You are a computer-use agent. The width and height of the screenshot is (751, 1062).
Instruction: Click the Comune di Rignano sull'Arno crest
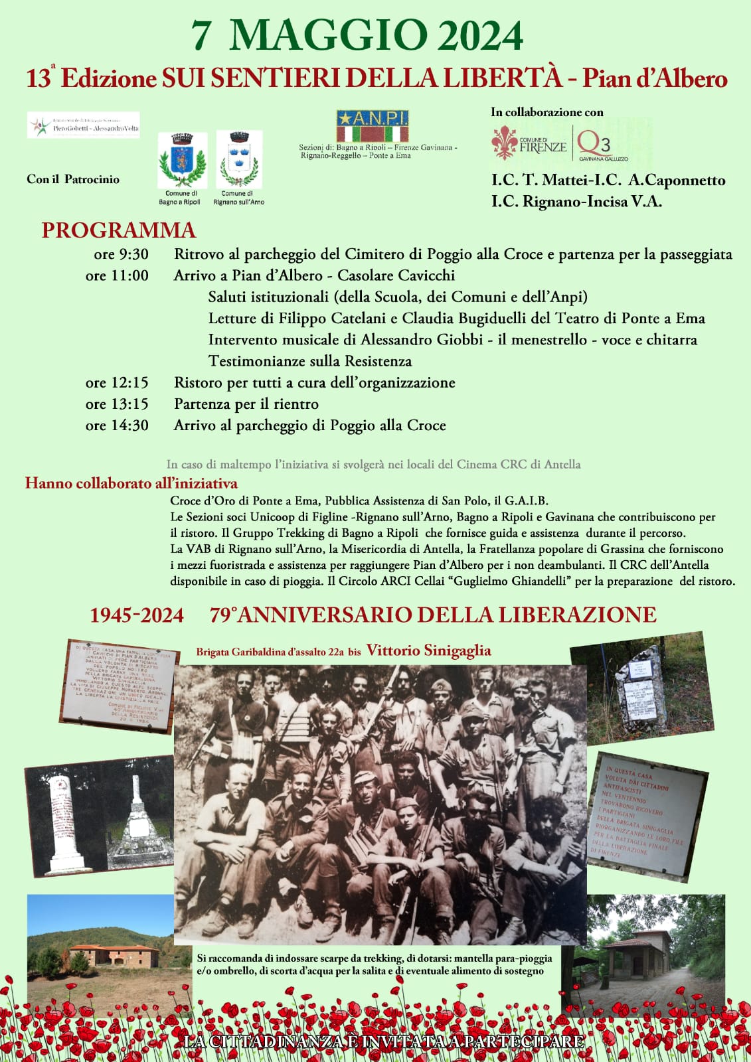238,160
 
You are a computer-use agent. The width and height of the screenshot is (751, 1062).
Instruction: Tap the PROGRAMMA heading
118,230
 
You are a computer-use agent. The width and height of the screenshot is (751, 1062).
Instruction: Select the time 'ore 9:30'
121,254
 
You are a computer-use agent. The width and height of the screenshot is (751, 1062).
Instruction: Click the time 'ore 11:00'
117,275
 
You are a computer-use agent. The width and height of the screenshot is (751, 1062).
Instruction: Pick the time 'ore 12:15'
117,382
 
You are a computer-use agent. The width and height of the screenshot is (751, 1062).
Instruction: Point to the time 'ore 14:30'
117,425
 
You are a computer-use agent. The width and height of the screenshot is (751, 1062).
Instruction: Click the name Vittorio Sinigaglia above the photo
429,650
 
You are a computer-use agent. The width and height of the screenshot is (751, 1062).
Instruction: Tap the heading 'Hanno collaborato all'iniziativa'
131,483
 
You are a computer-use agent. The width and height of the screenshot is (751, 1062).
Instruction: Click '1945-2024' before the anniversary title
137,615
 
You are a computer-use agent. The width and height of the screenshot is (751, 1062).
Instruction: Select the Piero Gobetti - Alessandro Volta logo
84,125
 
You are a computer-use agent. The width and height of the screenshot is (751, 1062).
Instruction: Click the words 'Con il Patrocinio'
73,179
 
